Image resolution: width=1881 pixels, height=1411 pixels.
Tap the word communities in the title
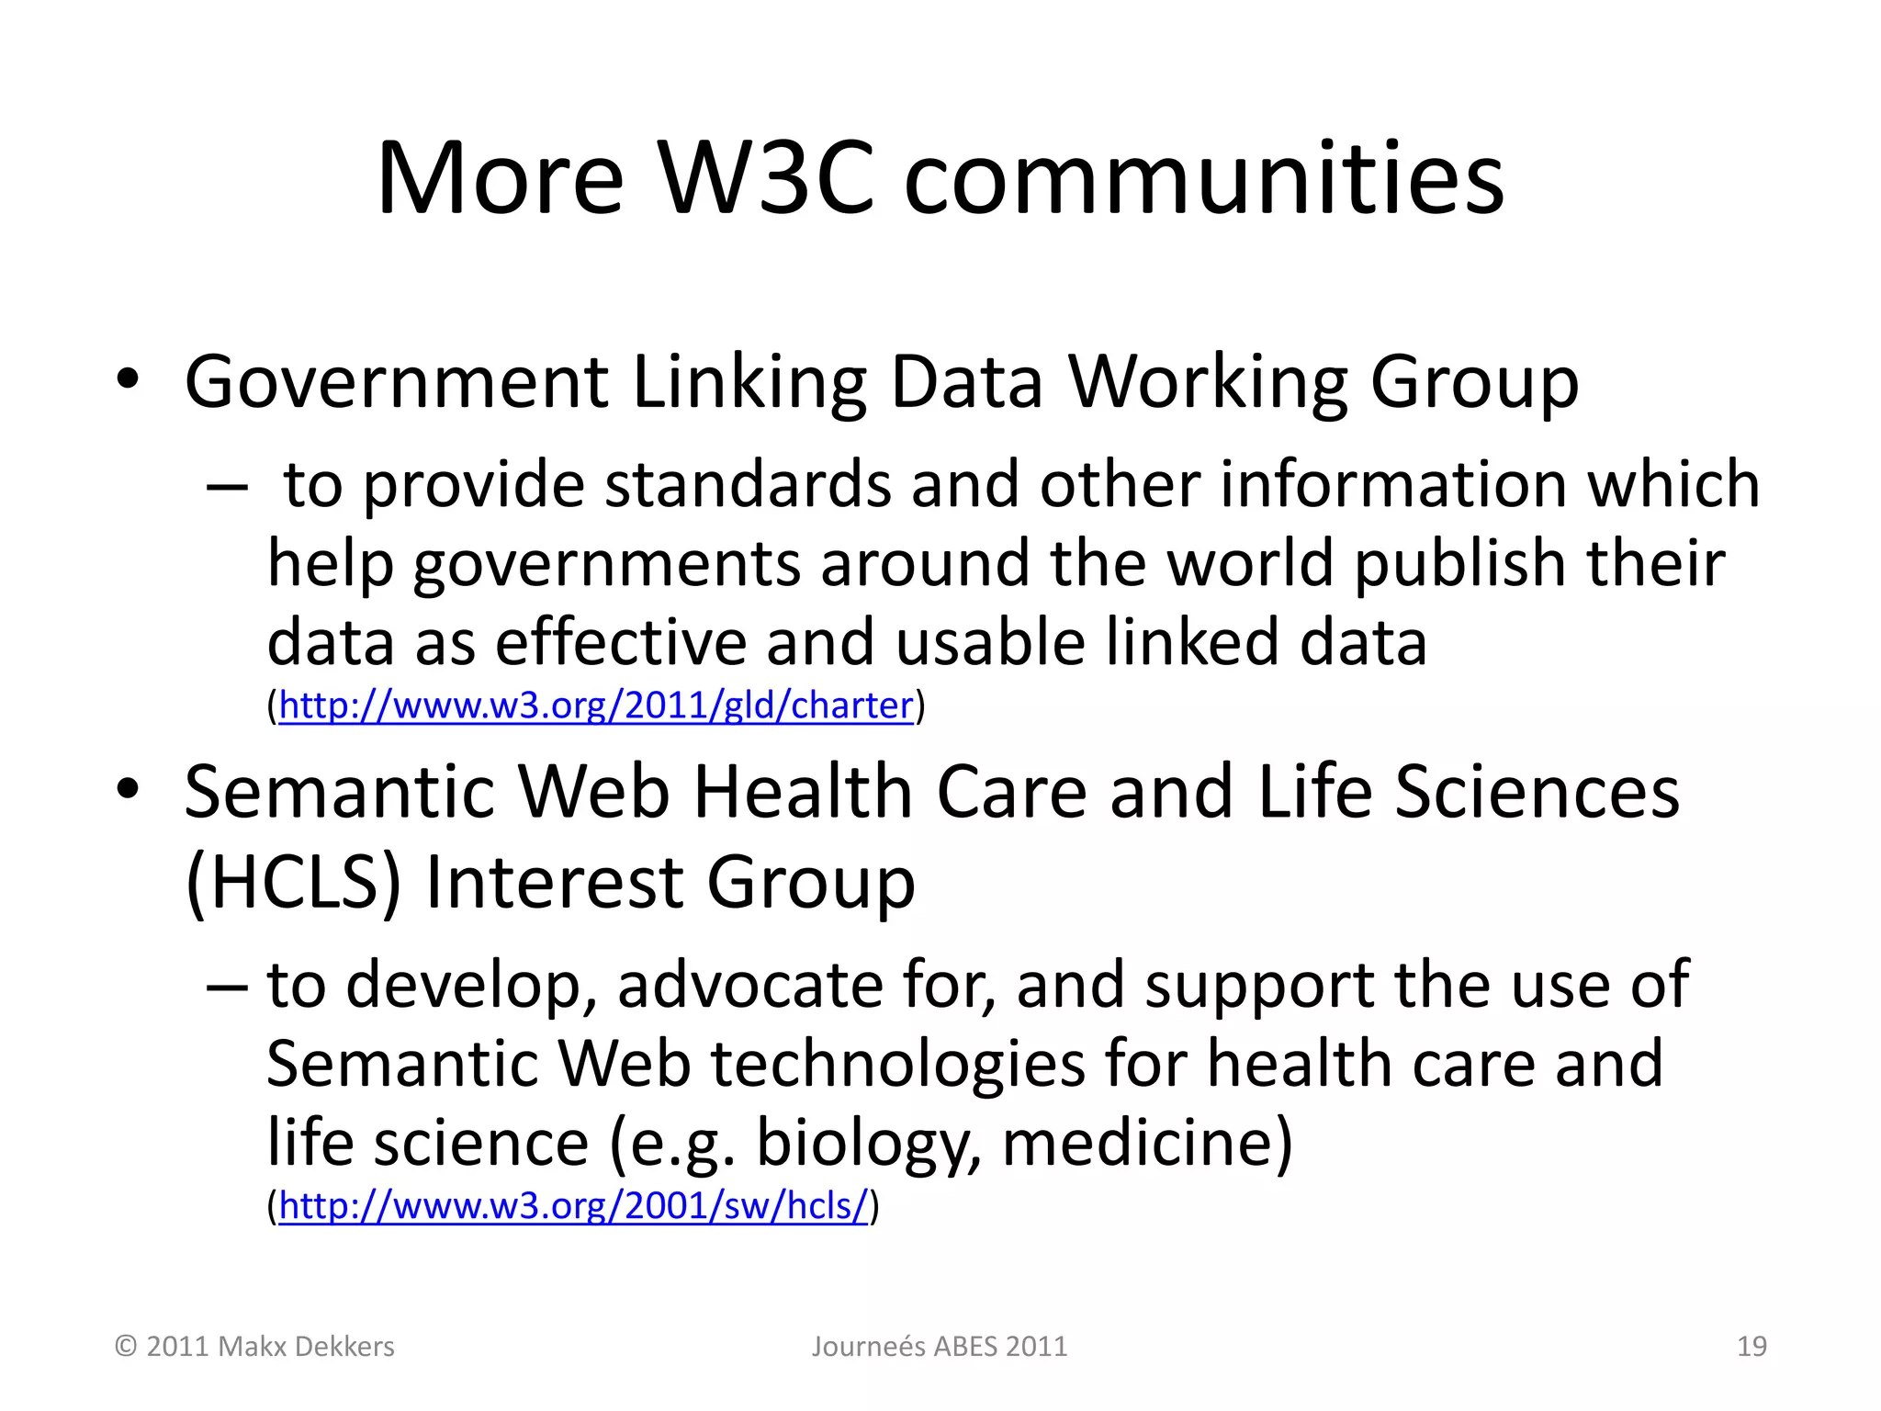coord(1204,178)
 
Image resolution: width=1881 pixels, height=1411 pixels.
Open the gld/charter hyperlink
coord(596,705)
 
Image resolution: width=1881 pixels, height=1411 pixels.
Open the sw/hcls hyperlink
coord(573,1205)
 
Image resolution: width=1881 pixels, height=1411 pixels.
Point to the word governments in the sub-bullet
coord(607,564)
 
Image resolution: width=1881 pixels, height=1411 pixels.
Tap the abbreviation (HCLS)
coord(293,882)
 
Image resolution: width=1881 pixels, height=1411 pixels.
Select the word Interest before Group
coord(554,882)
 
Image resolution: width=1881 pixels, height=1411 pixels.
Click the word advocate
coord(749,985)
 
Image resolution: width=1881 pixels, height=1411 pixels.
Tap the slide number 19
coord(1751,1347)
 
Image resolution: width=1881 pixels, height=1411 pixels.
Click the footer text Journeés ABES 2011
coord(939,1347)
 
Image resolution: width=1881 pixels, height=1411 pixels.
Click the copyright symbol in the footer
coord(126,1347)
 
